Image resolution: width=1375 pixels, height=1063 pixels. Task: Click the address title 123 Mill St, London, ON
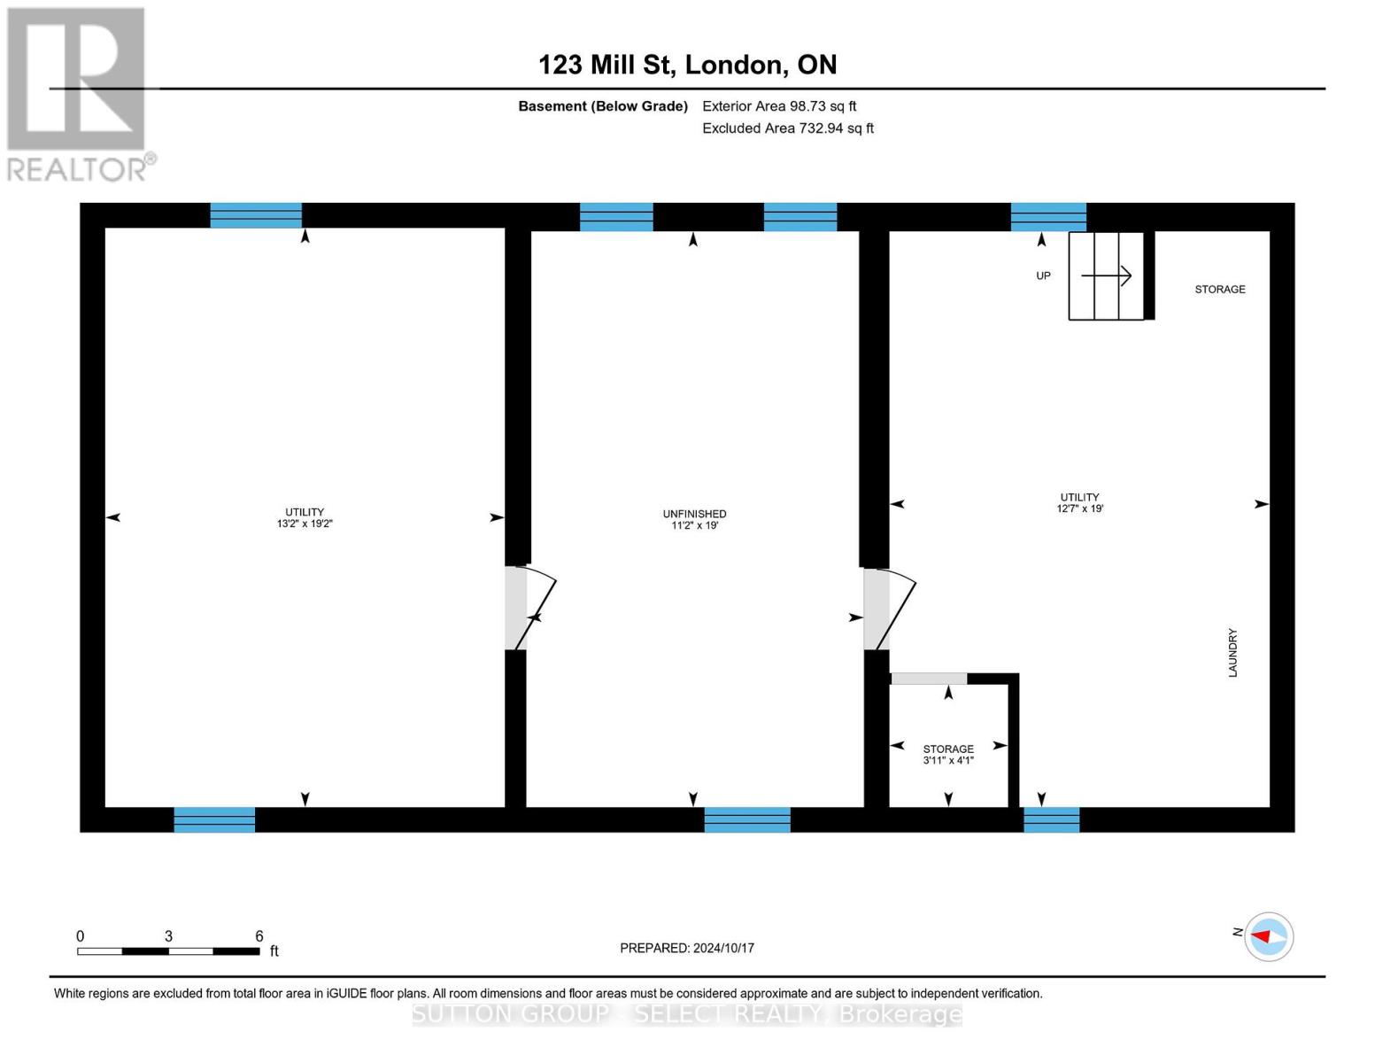(x=687, y=65)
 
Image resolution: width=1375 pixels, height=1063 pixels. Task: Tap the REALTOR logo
(x=78, y=93)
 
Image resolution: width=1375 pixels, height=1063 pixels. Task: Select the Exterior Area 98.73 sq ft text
(x=779, y=106)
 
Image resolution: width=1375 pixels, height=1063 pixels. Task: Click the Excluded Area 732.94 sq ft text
(x=788, y=128)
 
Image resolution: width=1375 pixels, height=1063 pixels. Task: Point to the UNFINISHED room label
(x=694, y=514)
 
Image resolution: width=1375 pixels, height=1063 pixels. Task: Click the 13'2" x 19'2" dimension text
(x=305, y=524)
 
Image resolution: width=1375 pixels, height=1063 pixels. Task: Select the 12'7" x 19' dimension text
(x=1079, y=508)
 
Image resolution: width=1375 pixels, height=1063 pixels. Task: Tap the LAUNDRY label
(x=1232, y=653)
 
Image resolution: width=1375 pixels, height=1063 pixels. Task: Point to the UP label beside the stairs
(x=1043, y=275)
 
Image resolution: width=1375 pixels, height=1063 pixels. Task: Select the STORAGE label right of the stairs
(x=1219, y=290)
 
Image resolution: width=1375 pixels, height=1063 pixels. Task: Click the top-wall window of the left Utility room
(x=256, y=215)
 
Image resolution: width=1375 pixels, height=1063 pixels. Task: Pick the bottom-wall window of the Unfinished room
(x=747, y=819)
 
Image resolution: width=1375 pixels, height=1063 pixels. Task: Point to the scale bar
(x=168, y=950)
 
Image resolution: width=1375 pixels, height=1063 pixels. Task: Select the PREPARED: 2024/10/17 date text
(x=687, y=948)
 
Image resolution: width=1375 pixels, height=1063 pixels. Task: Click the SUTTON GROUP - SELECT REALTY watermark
(x=687, y=1013)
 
